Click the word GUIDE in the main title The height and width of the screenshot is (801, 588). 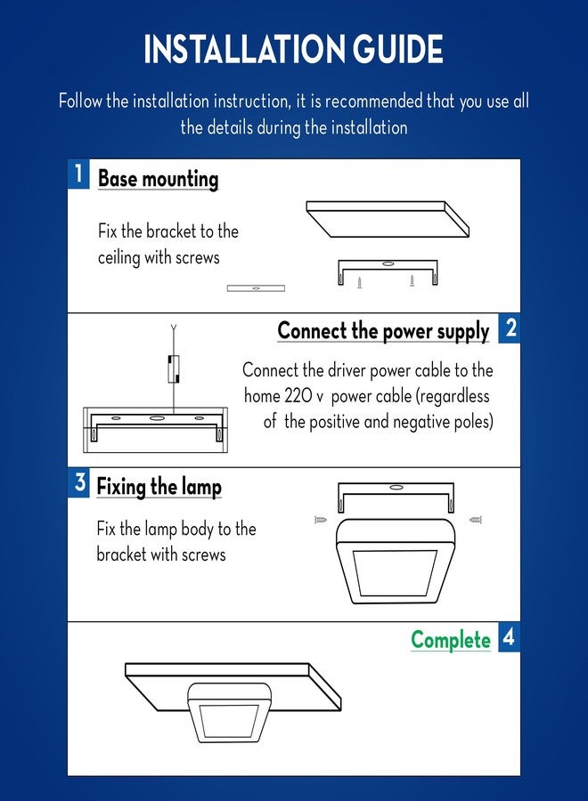point(397,49)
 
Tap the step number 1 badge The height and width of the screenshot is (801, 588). point(78,174)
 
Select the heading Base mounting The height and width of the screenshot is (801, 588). point(158,179)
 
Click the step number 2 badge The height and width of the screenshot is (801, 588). point(510,328)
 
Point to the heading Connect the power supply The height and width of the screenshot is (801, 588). point(383,331)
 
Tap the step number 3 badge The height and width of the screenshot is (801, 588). point(78,482)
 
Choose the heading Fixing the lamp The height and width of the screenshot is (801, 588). point(159,487)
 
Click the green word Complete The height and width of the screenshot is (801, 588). point(451,640)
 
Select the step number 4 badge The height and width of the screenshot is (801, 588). point(510,637)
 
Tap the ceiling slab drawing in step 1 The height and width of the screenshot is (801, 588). point(388,219)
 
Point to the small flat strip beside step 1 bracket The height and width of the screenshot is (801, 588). point(257,288)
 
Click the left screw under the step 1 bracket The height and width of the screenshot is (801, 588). point(359,282)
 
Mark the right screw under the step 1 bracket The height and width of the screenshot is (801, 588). point(412,280)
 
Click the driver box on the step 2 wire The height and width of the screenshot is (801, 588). point(174,368)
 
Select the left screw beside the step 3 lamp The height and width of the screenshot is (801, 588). point(321,520)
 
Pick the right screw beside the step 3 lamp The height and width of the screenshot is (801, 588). point(476,520)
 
